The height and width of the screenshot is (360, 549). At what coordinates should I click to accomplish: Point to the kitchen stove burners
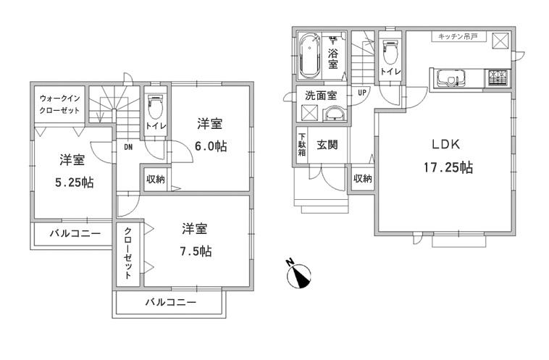click(x=498, y=75)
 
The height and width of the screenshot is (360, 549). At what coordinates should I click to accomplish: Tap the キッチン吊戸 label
click(x=457, y=36)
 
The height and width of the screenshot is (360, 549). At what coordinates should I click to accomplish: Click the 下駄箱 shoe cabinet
click(x=301, y=143)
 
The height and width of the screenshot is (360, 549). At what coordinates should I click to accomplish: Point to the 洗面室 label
click(x=319, y=94)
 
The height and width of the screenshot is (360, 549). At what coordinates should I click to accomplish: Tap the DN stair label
click(x=127, y=147)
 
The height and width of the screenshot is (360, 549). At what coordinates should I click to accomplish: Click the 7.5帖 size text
click(x=196, y=251)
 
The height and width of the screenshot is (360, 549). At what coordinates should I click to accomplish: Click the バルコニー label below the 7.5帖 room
click(x=170, y=302)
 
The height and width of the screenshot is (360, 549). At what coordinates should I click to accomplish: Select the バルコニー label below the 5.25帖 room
click(x=74, y=234)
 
